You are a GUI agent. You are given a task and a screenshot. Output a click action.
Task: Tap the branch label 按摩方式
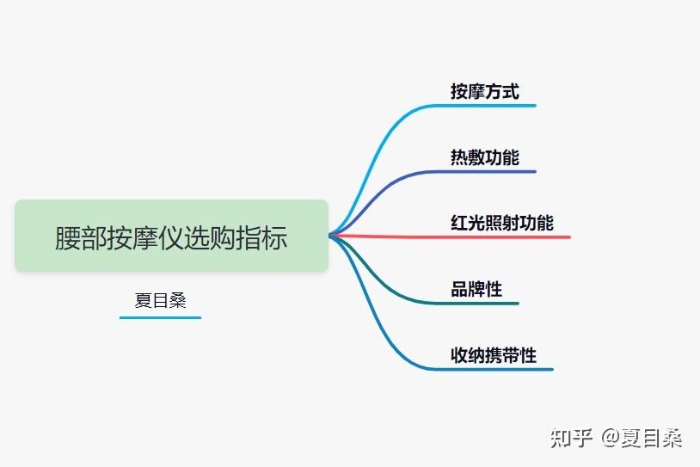coord(484,91)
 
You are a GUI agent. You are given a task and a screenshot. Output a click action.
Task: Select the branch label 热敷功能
coord(484,157)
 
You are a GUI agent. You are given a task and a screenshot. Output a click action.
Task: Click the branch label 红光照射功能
coord(501,223)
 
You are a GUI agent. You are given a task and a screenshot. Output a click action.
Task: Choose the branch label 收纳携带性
coord(493,355)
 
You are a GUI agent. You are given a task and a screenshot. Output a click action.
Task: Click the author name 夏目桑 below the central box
coord(160,300)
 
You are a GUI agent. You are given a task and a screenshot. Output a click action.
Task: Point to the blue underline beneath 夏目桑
coord(160,317)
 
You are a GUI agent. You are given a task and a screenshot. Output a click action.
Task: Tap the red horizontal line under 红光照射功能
coord(516,236)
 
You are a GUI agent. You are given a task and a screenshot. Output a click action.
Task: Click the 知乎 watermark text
coord(571,438)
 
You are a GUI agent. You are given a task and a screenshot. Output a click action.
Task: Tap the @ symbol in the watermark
coord(610,438)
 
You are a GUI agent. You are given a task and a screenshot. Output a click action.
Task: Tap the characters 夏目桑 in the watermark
coord(652,438)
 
